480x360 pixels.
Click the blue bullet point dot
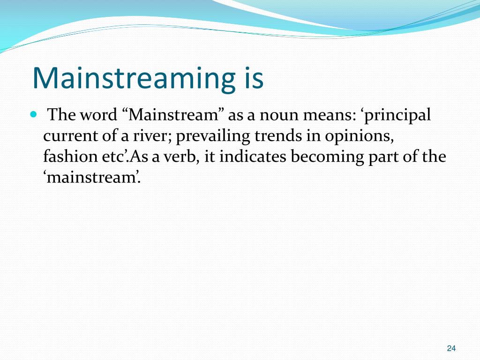click(33, 114)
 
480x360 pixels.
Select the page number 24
click(451, 348)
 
